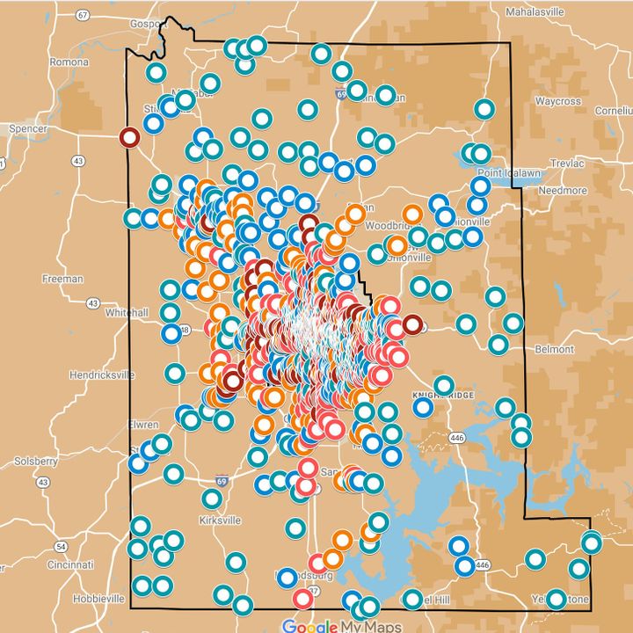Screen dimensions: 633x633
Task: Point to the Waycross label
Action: tap(558, 101)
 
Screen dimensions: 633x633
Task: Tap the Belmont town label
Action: tap(554, 349)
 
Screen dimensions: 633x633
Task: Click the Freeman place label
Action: tap(62, 279)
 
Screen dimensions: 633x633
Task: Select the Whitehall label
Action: tap(128, 312)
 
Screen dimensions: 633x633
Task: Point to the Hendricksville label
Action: tap(102, 375)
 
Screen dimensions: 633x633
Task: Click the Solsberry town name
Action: tap(35, 461)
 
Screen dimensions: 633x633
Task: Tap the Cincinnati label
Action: tap(72, 564)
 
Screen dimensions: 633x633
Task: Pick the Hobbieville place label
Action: tap(98, 598)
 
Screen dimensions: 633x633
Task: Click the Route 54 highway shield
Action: tap(60, 545)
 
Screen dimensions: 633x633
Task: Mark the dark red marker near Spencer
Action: tap(129, 138)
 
